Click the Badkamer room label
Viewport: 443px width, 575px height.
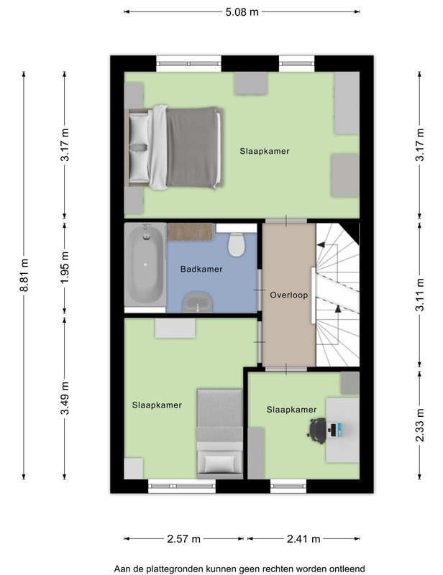click(201, 269)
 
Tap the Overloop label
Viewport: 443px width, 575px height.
click(289, 295)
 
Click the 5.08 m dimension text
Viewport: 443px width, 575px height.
click(242, 12)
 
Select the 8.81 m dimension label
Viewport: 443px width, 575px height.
click(24, 275)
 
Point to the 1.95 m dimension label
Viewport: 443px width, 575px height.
click(65, 267)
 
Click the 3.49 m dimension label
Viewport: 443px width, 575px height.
click(65, 398)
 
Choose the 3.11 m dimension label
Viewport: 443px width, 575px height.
click(419, 295)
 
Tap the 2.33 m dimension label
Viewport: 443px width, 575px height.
click(419, 425)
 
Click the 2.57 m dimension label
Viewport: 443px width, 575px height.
click(183, 539)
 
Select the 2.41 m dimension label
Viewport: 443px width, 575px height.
click(303, 539)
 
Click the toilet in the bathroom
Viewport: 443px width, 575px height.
click(237, 243)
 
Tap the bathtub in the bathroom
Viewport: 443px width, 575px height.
click(145, 264)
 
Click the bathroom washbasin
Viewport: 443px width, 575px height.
click(198, 302)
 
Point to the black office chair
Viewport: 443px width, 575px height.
click(316, 430)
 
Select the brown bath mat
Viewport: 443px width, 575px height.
click(190, 231)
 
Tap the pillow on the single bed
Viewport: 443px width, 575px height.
click(219, 464)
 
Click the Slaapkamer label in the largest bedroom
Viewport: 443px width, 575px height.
click(265, 151)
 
